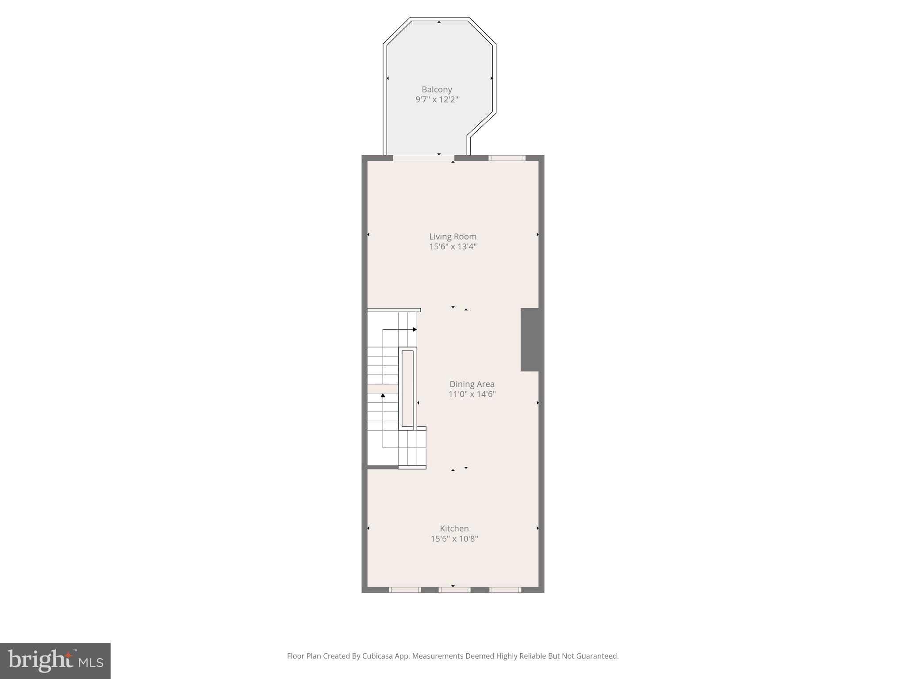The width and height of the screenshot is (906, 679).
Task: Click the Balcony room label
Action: tap(437, 89)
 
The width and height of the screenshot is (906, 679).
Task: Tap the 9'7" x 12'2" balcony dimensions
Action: tap(437, 99)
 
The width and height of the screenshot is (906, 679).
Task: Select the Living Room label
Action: tap(453, 237)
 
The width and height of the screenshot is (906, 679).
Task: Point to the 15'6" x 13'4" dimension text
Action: tap(453, 247)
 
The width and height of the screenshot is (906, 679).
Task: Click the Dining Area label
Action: tap(472, 384)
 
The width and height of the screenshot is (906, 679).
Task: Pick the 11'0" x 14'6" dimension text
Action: tap(472, 394)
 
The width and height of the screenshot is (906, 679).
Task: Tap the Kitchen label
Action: tap(454, 528)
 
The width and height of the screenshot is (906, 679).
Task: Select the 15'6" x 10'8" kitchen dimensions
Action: tap(454, 539)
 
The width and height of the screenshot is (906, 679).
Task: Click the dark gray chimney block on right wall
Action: tap(530, 339)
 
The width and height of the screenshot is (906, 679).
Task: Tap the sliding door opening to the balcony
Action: tap(423, 158)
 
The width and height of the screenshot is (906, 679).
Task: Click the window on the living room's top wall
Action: tap(507, 158)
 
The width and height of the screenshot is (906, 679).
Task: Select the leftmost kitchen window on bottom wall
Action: tap(405, 590)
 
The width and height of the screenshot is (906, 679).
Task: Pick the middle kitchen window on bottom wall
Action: tap(454, 590)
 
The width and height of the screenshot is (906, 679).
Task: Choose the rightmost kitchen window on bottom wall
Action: tap(505, 590)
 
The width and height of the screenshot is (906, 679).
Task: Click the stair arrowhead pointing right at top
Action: tap(415, 329)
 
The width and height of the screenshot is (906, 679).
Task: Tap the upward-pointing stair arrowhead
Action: tap(383, 396)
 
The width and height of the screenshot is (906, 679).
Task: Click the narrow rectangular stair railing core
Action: tap(407, 388)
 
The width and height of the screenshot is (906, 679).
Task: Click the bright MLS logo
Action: tap(55, 660)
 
